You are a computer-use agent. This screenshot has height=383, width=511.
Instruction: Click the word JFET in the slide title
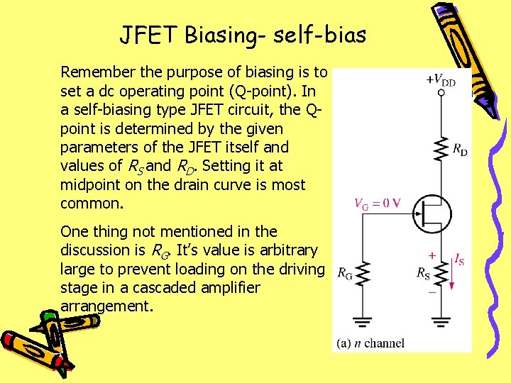point(145,33)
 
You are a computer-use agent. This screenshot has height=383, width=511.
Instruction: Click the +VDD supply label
point(440,79)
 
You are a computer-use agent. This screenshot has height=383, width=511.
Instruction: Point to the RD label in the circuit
point(460,150)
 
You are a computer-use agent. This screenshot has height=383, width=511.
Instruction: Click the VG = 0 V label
point(377,204)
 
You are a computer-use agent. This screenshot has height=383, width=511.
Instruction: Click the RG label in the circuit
point(345,272)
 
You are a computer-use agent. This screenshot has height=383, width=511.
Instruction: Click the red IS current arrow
point(452,274)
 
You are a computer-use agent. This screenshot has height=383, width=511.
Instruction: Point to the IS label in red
point(460,260)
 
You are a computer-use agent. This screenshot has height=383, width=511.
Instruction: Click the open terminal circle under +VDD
point(441,93)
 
